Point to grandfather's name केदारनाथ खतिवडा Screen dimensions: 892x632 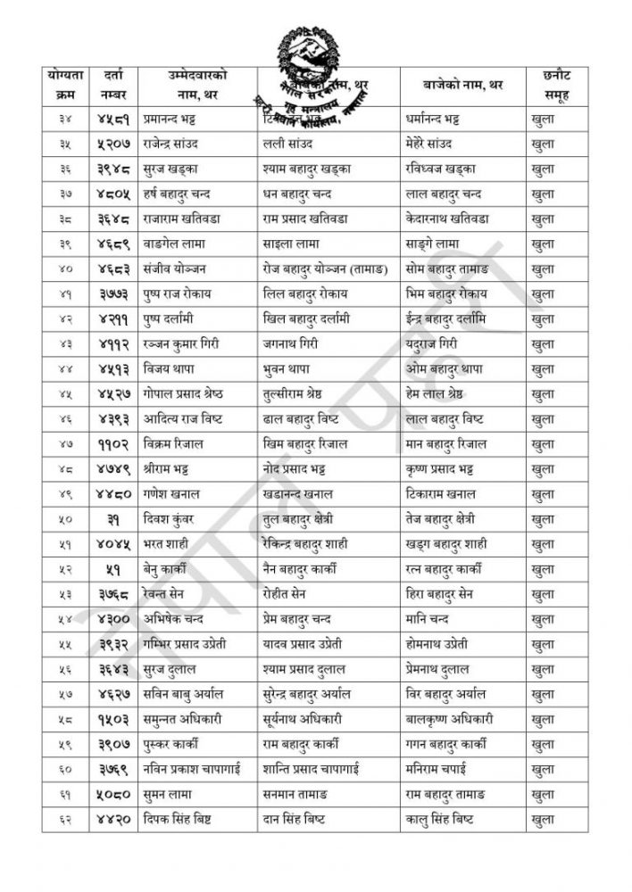[462, 218]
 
